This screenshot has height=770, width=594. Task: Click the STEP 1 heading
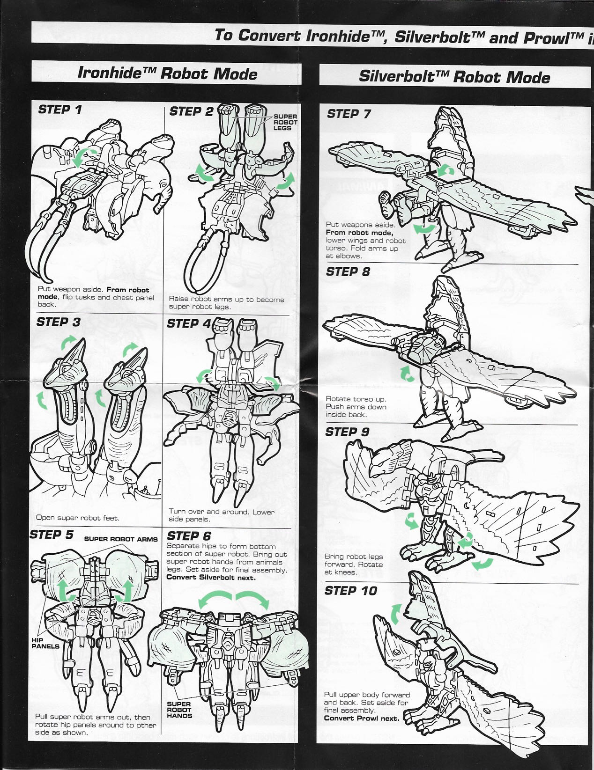pos(60,110)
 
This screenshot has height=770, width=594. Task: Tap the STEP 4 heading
pos(189,324)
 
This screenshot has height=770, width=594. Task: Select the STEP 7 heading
pos(349,114)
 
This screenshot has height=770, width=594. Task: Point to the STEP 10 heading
pos(350,591)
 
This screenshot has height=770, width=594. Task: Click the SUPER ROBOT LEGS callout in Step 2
pos(285,122)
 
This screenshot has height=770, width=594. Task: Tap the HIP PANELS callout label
pos(45,643)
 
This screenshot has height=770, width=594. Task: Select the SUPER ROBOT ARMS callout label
pos(121,539)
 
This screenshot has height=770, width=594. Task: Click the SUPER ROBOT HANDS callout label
pos(179,710)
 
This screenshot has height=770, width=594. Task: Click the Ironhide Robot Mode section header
pos(167,73)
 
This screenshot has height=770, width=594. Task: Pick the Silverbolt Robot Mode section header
pos(454,76)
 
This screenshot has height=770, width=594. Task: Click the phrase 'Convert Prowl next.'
pos(361,718)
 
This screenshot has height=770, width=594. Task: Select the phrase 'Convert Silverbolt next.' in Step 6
pos(211,577)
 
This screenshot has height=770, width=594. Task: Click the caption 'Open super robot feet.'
pos(78,518)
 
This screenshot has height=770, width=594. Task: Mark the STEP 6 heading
pos(189,536)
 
